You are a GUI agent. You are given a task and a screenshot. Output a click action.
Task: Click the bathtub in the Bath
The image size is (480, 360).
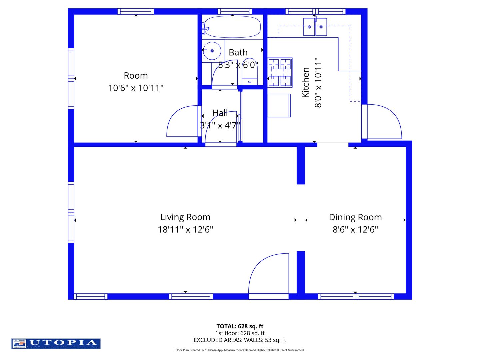(x=232, y=27)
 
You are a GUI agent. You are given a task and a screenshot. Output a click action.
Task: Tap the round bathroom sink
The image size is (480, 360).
(x=212, y=51)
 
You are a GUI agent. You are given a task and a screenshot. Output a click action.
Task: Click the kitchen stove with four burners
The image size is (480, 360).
(x=280, y=72)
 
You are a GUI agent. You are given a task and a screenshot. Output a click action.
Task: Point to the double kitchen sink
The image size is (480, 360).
(x=315, y=27)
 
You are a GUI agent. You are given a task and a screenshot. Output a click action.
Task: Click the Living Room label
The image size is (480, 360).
(x=185, y=217)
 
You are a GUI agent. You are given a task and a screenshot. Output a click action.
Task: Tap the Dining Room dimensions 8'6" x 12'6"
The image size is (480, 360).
(x=355, y=230)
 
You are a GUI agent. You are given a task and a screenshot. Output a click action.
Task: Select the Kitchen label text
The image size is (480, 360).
(x=306, y=82)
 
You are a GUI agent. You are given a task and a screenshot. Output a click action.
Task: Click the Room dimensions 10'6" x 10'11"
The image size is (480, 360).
(x=136, y=88)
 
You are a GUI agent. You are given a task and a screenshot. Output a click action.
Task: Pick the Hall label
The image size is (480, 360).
(x=220, y=113)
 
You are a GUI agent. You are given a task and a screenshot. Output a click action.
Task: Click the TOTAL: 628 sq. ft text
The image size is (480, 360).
(x=240, y=326)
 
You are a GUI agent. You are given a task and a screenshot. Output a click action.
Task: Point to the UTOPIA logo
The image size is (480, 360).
(x=56, y=343)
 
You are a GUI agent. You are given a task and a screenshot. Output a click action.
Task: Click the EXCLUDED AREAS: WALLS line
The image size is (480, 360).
(x=240, y=340)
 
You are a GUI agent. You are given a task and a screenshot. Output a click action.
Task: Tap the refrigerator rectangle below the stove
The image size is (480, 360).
(x=279, y=106)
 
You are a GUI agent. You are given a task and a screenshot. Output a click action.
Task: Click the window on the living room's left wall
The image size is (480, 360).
(x=71, y=212)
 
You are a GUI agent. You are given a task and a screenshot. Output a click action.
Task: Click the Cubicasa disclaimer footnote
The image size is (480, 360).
(x=240, y=350)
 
